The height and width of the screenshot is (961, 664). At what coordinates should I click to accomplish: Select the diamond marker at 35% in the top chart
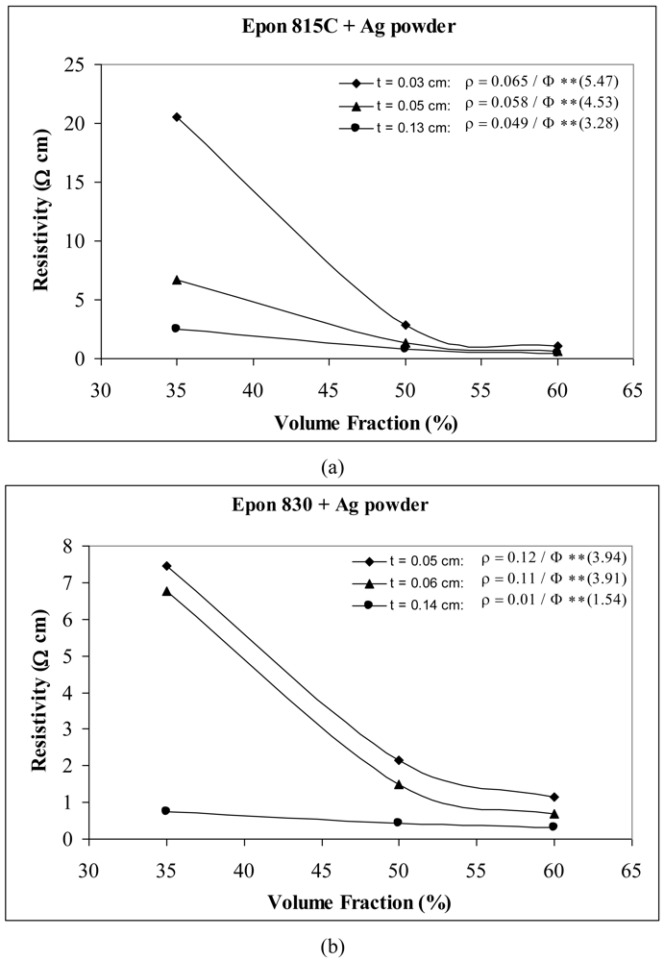177,117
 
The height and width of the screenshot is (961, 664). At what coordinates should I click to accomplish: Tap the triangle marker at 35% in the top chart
177,280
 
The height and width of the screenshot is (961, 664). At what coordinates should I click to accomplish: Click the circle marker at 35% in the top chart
176,329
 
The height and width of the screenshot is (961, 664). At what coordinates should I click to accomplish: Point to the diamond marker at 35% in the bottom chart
167,566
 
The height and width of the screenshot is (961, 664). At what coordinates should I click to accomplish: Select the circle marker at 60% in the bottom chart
554,826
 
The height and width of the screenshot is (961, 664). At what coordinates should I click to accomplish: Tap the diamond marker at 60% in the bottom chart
554,797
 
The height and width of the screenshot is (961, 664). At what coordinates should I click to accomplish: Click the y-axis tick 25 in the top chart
75,64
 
